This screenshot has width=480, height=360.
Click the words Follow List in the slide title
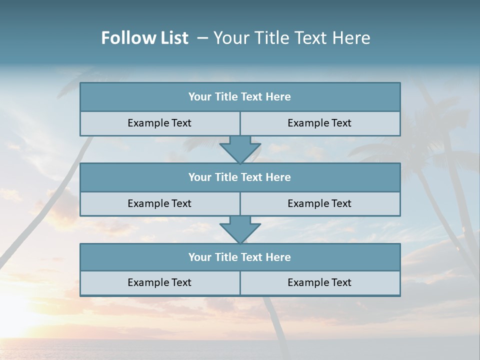(144, 38)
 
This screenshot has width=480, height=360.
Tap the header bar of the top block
(240, 97)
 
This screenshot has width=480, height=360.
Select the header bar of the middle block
(240, 177)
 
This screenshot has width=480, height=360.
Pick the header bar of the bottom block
(240, 257)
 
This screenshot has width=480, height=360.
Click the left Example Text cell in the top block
(160, 123)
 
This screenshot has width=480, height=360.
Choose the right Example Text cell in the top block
(320, 123)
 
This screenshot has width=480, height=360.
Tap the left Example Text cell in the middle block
(160, 204)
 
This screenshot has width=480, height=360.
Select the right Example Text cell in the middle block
(320, 204)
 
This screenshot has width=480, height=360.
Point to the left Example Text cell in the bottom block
(160, 283)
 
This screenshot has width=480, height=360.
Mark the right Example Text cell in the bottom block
(320, 283)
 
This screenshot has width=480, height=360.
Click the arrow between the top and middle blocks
(240, 149)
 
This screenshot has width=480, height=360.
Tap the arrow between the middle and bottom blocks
(240, 230)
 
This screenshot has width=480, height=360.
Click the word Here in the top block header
(278, 97)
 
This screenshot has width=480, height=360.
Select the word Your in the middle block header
(200, 177)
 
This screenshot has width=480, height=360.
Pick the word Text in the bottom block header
(252, 257)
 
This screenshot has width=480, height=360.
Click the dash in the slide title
(202, 38)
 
